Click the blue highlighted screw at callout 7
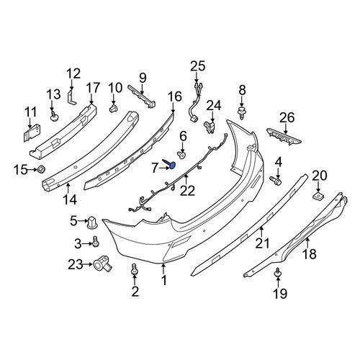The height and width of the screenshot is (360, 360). (170, 163)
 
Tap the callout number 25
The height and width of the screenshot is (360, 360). (198, 66)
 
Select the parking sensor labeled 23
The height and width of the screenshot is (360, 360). (103, 265)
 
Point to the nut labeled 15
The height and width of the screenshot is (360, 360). (42, 169)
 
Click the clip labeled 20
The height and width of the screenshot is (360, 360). (318, 195)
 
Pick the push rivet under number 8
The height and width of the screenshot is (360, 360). (242, 112)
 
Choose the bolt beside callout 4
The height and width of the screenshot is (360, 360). (276, 181)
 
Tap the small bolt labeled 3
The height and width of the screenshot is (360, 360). (96, 241)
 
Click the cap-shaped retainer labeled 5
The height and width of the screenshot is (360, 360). (92, 222)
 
